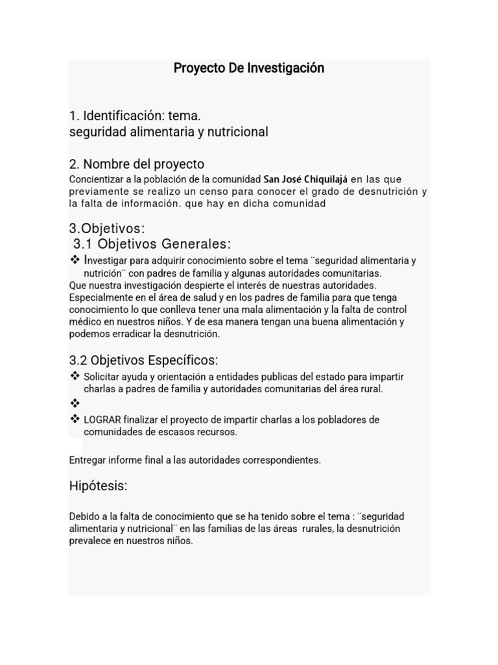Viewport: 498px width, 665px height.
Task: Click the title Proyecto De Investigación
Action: [248, 68]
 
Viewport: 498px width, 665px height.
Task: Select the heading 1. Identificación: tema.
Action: [135, 116]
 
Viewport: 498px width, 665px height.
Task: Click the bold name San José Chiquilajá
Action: [306, 179]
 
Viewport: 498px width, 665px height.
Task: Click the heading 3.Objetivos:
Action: [107, 229]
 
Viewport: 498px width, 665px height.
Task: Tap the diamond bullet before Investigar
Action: [75, 260]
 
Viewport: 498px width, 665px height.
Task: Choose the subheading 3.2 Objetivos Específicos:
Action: [143, 360]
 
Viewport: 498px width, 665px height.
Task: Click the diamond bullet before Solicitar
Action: [75, 377]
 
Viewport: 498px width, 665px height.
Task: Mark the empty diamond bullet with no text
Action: [75, 403]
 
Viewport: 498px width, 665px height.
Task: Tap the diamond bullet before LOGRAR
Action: [75, 420]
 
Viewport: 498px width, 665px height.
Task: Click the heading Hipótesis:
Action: [98, 486]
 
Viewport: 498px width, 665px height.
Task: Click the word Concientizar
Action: [97, 179]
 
